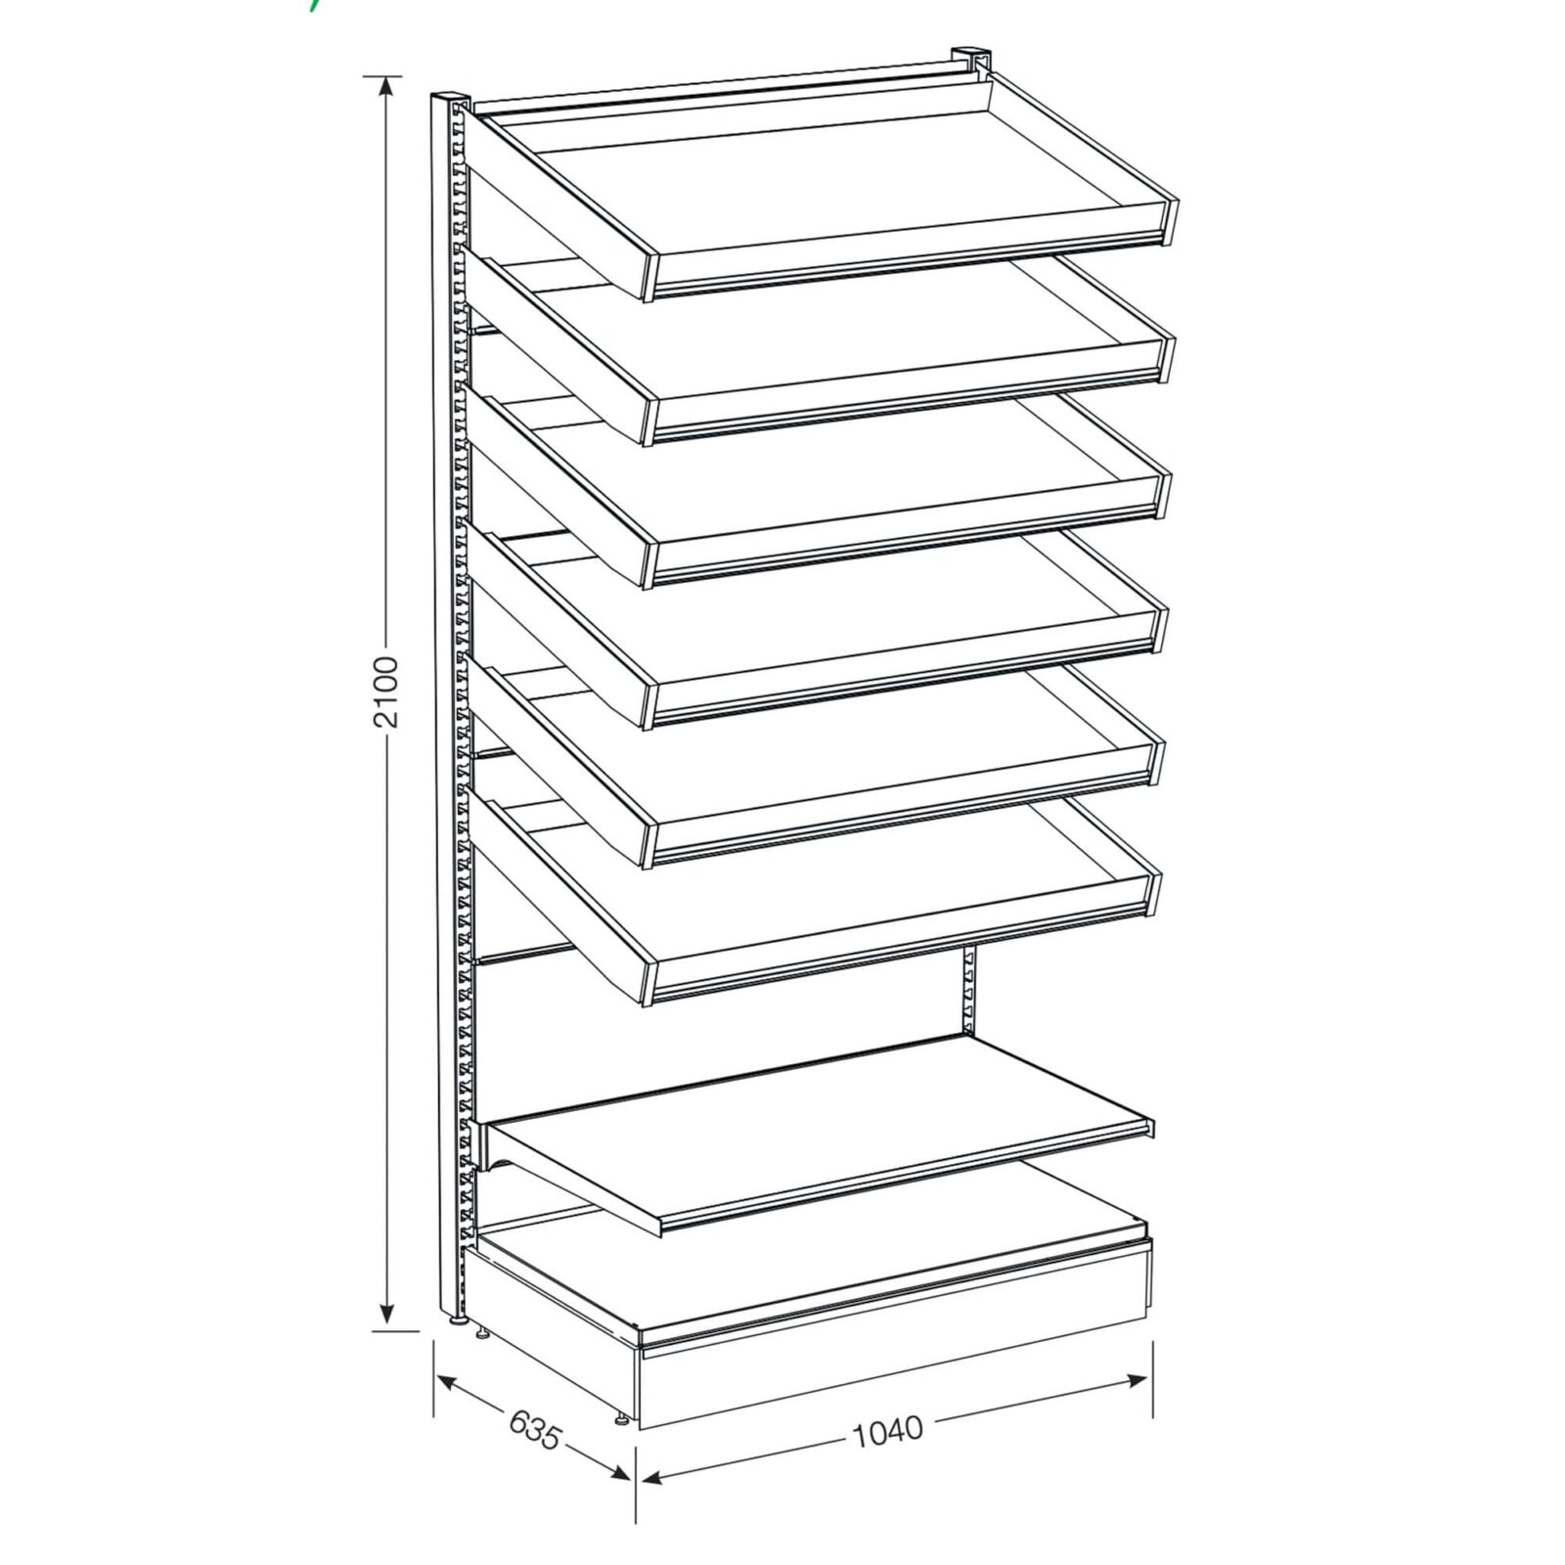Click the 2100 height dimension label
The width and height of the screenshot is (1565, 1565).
(387, 692)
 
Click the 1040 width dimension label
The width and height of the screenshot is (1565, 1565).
(887, 1430)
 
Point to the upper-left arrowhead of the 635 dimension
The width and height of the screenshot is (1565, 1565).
(448, 1382)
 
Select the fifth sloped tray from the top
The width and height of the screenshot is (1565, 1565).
(816, 768)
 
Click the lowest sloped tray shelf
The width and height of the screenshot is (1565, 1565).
(814, 905)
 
